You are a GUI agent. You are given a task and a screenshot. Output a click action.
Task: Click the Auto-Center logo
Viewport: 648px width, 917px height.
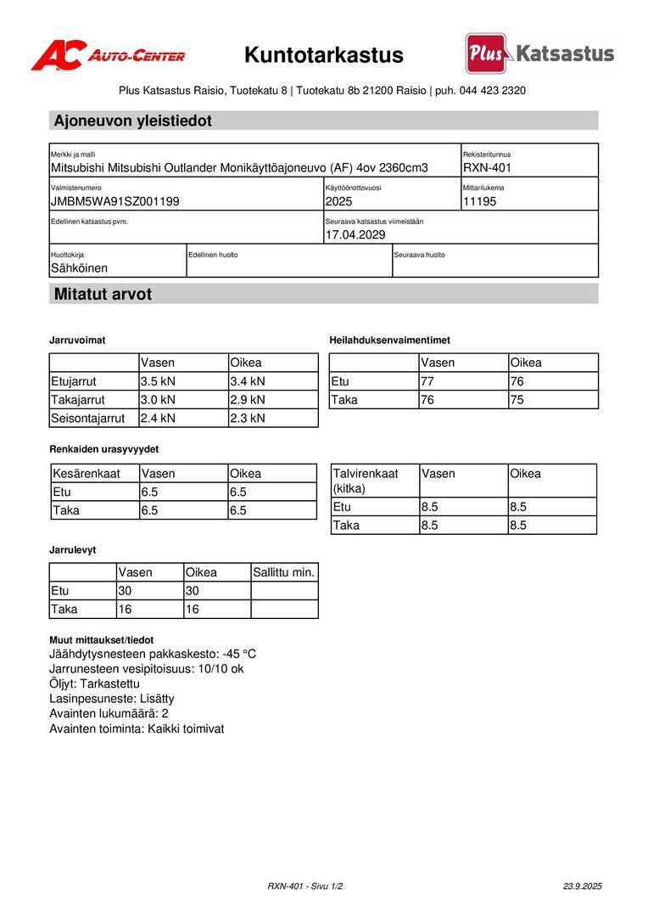108,55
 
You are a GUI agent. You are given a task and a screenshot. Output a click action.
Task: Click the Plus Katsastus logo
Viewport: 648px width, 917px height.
540,53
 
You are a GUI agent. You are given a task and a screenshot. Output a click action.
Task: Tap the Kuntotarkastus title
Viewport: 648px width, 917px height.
324,55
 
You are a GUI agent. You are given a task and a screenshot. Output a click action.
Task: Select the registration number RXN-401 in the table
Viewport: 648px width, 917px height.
487,168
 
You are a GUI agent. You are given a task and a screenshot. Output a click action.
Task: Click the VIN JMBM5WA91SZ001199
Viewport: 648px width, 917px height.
115,201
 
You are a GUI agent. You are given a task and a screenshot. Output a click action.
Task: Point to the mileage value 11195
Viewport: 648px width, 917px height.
479,201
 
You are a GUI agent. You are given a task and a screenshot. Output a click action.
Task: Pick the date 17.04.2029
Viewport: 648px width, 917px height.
355,234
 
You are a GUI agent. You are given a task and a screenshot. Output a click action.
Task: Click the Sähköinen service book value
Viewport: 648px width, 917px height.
79,268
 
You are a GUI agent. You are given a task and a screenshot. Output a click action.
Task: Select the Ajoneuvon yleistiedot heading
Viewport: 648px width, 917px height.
132,121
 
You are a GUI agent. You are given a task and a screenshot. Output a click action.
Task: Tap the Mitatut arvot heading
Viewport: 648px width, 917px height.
103,295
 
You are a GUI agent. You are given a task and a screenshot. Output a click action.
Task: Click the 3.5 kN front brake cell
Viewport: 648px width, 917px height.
159,381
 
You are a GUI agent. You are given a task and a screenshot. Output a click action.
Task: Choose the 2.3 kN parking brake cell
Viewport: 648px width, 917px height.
248,418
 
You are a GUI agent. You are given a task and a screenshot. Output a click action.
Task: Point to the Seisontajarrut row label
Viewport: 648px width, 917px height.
88,418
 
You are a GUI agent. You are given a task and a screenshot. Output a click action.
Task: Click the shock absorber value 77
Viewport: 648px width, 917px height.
427,381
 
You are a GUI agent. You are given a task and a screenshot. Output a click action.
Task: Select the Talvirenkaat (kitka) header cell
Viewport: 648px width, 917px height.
366,481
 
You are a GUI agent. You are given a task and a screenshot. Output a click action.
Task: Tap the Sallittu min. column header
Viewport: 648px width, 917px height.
284,572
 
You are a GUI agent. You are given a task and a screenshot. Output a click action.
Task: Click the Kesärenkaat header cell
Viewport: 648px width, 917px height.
86,474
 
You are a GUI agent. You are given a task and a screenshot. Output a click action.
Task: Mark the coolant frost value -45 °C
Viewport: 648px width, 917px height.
239,655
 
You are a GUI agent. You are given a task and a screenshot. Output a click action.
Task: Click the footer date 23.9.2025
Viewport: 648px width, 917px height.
582,886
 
